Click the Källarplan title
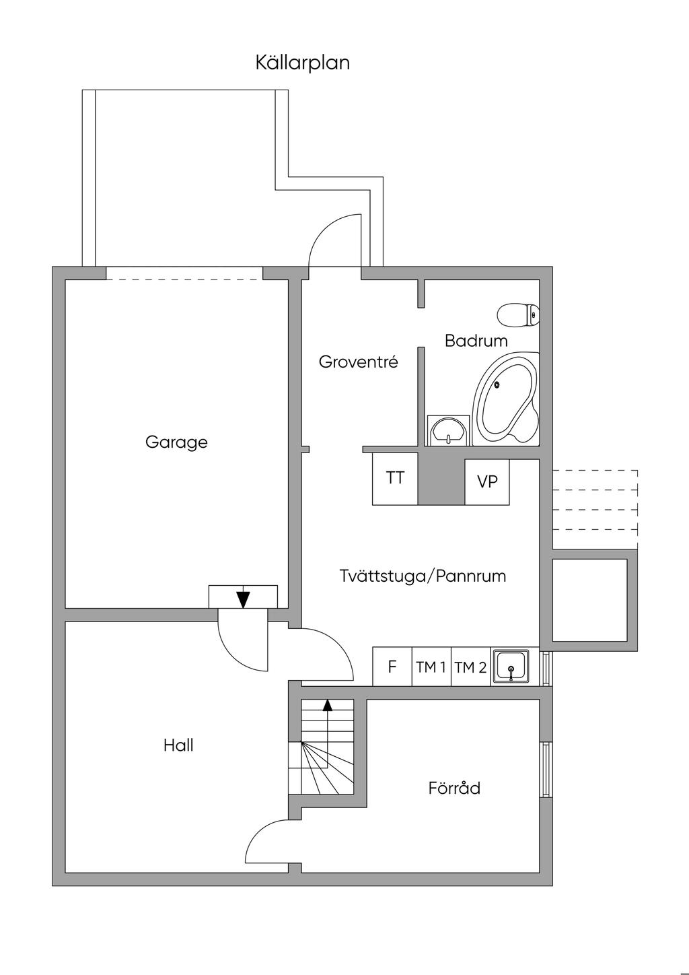pyautogui.click(x=302, y=63)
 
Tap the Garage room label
pyautogui.click(x=176, y=442)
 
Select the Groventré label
pyautogui.click(x=358, y=362)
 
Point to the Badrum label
pyautogui.click(x=476, y=341)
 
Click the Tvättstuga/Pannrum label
pyautogui.click(x=423, y=576)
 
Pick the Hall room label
pyautogui.click(x=178, y=745)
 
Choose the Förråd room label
pyautogui.click(x=454, y=788)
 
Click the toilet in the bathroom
pyautogui.click(x=518, y=314)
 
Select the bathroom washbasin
pyautogui.click(x=447, y=430)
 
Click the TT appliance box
pyautogui.click(x=395, y=479)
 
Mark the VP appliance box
pyautogui.click(x=487, y=482)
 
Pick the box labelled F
pyautogui.click(x=392, y=667)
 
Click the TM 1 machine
pyautogui.click(x=431, y=667)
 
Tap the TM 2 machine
pyautogui.click(x=470, y=667)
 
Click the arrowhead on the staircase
pyautogui.click(x=328, y=705)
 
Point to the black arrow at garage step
pyautogui.click(x=243, y=599)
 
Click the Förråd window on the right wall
pyautogui.click(x=546, y=769)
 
